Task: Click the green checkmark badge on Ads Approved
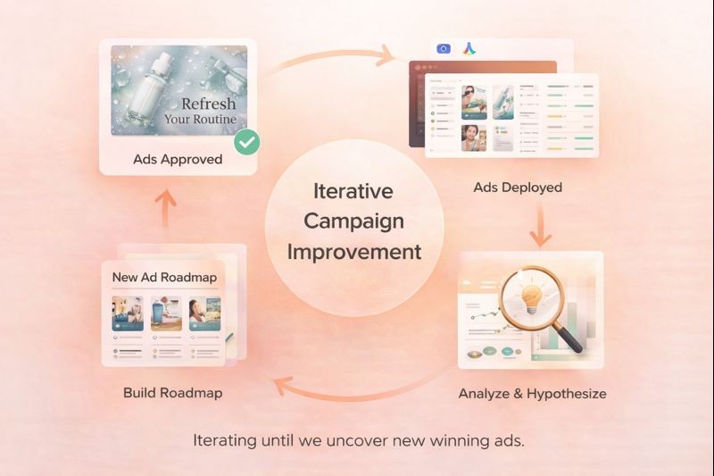pyautogui.click(x=247, y=142)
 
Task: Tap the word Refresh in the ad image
pyautogui.click(x=209, y=103)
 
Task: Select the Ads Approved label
pyautogui.click(x=178, y=160)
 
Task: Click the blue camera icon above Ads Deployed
pyautogui.click(x=443, y=48)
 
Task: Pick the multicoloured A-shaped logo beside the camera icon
pyautogui.click(x=469, y=48)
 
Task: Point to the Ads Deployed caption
pyautogui.click(x=518, y=188)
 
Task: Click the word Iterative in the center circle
pyautogui.click(x=353, y=191)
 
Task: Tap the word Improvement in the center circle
pyautogui.click(x=353, y=251)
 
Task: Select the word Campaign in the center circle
pyautogui.click(x=353, y=221)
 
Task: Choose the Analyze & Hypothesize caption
pyautogui.click(x=533, y=393)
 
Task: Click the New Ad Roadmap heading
pyautogui.click(x=164, y=277)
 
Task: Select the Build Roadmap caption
pyautogui.click(x=173, y=393)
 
